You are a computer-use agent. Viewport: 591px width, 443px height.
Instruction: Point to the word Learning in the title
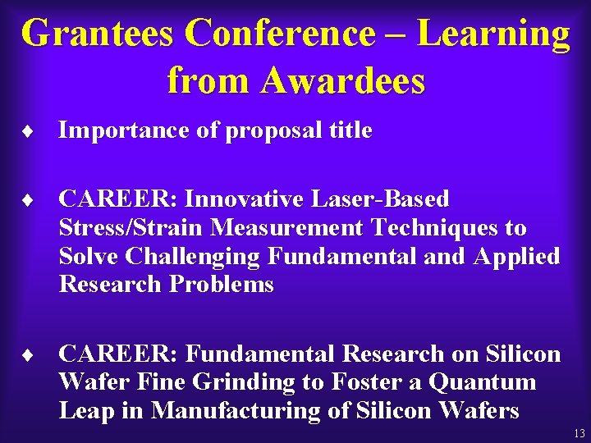(x=493, y=34)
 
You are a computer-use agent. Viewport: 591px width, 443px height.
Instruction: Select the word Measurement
(x=270, y=228)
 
